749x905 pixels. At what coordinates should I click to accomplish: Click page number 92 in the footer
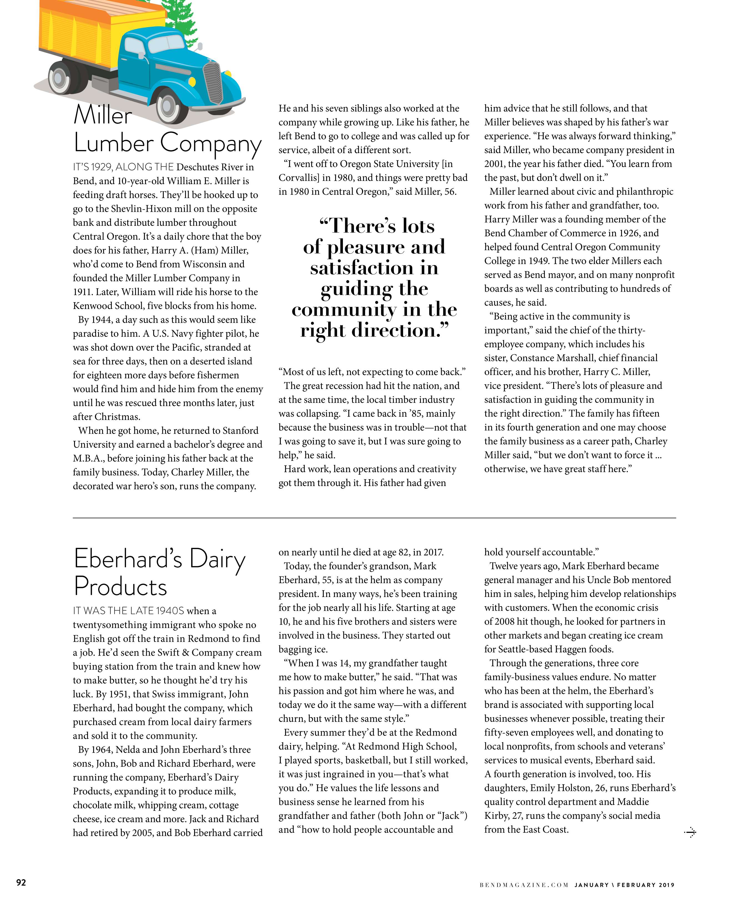click(21, 883)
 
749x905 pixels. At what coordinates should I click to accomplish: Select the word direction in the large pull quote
click(397, 330)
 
